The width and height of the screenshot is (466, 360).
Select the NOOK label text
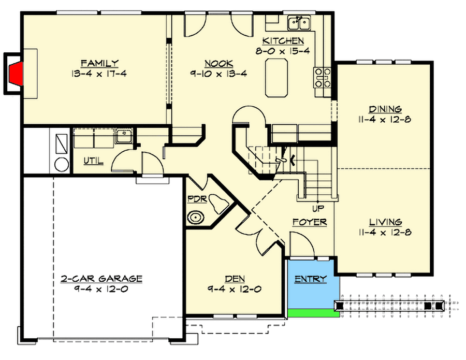pos(218,63)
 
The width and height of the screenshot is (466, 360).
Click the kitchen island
pos(278,78)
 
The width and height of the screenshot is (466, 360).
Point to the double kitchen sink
pos(299,23)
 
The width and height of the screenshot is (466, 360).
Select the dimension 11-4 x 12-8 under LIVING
pos(384,233)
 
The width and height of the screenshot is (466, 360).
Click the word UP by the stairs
pos(317,209)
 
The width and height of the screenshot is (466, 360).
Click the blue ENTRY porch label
pos(311,279)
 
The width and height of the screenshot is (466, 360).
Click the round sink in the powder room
pos(196,217)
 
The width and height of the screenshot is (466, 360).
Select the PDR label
pos(196,198)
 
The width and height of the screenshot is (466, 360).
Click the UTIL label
pos(93,161)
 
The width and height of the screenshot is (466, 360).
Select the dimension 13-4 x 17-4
pos(99,74)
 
